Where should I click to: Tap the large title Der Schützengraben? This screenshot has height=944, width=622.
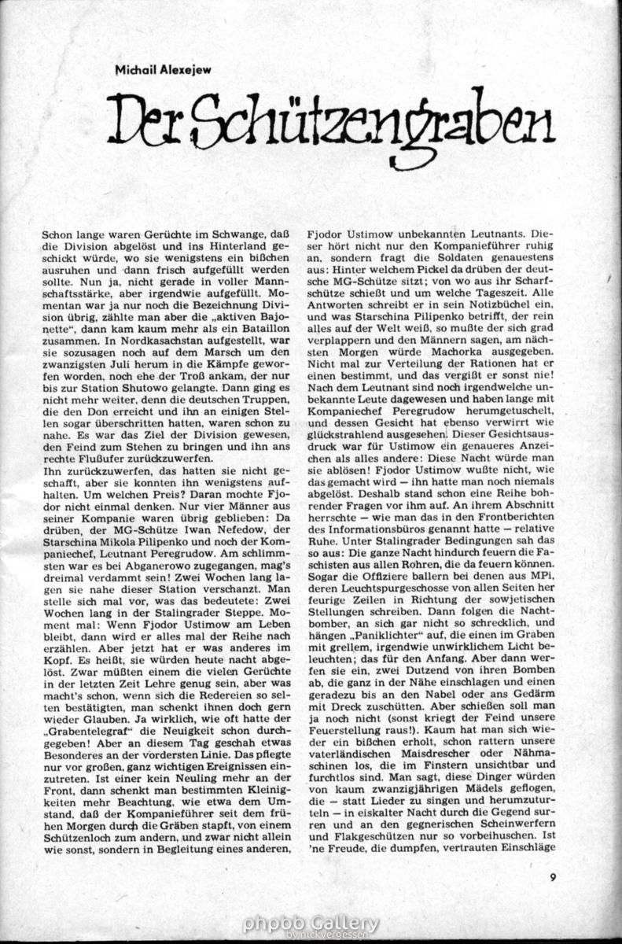[x=330, y=121]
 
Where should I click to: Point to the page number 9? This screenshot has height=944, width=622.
[x=554, y=879]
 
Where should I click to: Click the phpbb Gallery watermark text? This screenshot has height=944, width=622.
[x=311, y=922]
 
